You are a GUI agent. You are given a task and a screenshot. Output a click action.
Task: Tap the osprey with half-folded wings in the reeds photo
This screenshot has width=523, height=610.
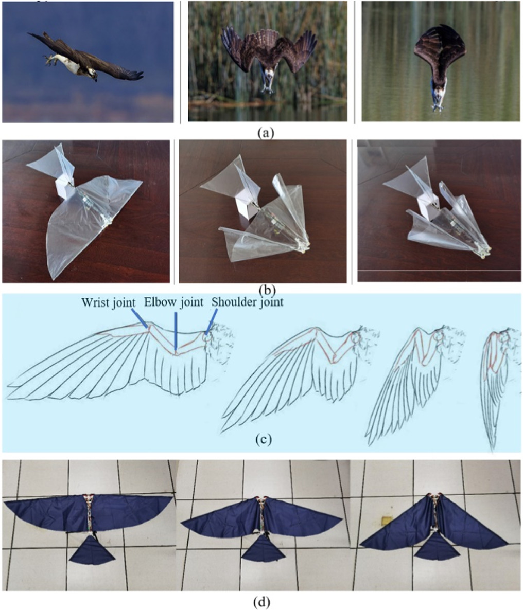[268, 57]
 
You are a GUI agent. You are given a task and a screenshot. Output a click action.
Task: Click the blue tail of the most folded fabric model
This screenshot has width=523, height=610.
[438, 547]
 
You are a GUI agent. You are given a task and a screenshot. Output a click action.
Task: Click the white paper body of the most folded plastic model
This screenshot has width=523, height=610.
[426, 205]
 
